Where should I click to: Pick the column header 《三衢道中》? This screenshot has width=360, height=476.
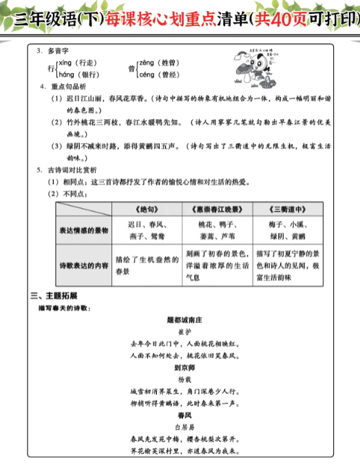tap(286, 209)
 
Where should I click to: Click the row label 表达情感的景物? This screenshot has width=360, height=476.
tap(83, 231)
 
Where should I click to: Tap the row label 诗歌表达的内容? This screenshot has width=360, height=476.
tap(83, 265)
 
